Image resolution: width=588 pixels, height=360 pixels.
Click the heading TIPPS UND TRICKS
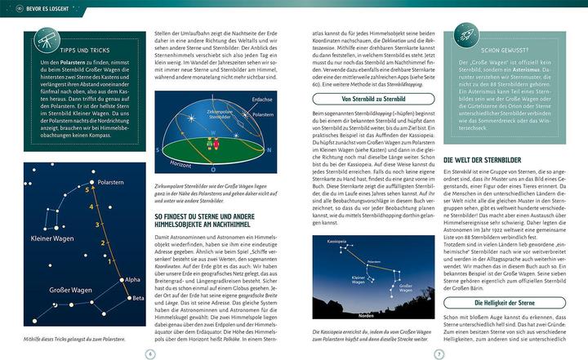[x=81, y=50]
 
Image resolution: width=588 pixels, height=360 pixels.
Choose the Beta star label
[x=137, y=299]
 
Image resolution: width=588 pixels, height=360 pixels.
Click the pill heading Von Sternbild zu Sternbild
[x=369, y=97]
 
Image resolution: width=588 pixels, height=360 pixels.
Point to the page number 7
[x=439, y=353]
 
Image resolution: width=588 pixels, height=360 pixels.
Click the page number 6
[x=149, y=353]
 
